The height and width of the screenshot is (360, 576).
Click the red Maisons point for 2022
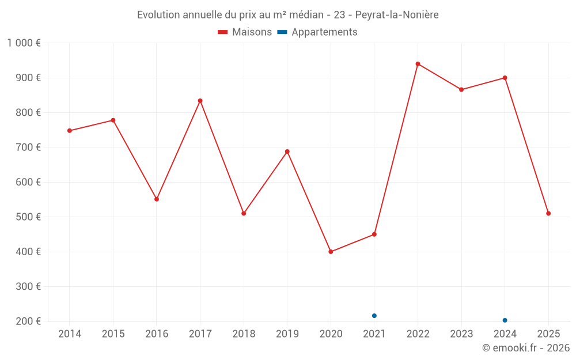pyautogui.click(x=418, y=64)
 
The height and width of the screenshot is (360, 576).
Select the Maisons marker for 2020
pyautogui.click(x=331, y=252)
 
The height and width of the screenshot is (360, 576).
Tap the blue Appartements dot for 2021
pyautogui.click(x=374, y=316)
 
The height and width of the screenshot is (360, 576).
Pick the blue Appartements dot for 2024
pyautogui.click(x=505, y=320)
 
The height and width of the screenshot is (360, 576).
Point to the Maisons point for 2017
pyautogui.click(x=200, y=101)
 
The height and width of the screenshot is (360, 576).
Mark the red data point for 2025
pyautogui.click(x=548, y=214)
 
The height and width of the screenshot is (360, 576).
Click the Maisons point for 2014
pyautogui.click(x=70, y=131)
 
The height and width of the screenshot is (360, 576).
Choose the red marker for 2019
pyautogui.click(x=287, y=151)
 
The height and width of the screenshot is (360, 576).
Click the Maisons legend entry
pyautogui.click(x=245, y=32)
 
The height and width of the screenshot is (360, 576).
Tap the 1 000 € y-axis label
pyautogui.click(x=24, y=43)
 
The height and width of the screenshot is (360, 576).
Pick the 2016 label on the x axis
pyautogui.click(x=157, y=334)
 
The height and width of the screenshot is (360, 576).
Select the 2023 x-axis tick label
pyautogui.click(x=461, y=334)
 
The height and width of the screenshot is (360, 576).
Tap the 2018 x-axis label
pyautogui.click(x=244, y=334)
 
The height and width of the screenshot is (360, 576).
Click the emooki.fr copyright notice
pyautogui.click(x=525, y=348)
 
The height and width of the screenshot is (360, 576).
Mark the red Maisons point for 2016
pyautogui.click(x=157, y=199)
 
